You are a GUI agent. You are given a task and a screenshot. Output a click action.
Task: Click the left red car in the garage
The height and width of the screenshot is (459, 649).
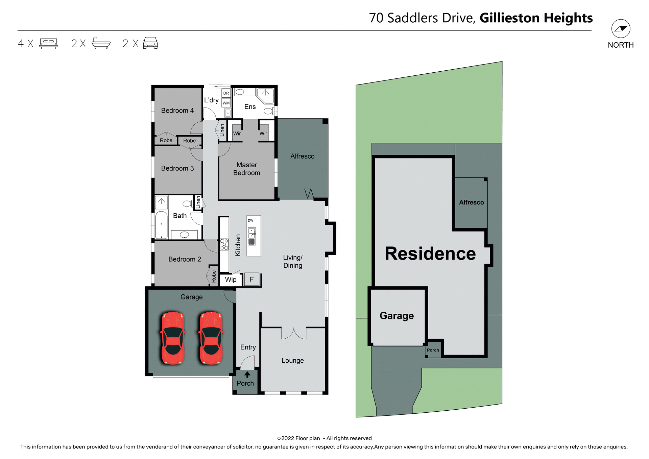[x=173, y=338]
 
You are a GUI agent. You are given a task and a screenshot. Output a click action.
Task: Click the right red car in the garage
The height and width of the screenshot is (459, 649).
[x=211, y=338]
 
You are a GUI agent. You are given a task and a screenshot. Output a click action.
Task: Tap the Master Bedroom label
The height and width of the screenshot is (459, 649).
[x=247, y=169]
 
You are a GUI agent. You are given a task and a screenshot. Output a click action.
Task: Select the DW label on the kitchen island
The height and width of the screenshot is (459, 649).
[x=250, y=221]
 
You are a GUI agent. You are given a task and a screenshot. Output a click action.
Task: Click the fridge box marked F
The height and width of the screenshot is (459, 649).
[x=251, y=280]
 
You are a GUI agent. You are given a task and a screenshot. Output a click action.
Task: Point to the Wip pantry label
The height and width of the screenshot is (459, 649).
[x=231, y=280]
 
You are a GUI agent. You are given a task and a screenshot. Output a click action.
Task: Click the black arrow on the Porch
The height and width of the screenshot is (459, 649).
[x=247, y=375]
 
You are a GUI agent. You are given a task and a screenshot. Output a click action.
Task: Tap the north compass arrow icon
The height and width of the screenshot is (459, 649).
[x=621, y=29]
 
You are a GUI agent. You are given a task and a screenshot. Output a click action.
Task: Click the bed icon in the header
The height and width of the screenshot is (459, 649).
[x=49, y=43]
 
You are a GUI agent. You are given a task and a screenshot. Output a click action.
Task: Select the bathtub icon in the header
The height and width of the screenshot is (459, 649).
[x=101, y=43]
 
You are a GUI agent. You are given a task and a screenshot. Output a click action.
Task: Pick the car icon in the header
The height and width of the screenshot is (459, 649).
[x=150, y=43]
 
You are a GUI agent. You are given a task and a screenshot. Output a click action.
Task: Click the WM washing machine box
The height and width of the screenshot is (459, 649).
[x=226, y=103]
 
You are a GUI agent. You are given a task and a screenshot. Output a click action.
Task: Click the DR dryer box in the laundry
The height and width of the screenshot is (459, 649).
[x=226, y=93]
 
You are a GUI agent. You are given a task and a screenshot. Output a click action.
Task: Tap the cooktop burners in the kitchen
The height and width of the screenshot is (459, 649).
[x=224, y=244]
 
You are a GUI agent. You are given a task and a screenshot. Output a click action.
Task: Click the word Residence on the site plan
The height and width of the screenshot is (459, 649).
[x=430, y=253]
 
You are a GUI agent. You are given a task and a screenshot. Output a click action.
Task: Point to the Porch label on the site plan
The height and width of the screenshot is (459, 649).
[x=433, y=350]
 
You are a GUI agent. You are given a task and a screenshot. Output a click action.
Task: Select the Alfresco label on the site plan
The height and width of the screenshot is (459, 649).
[x=471, y=202]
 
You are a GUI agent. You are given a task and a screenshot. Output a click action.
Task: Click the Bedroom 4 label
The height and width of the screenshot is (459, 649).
[x=177, y=111]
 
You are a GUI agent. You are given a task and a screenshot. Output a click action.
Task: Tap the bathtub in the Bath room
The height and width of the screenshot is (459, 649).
[x=162, y=225]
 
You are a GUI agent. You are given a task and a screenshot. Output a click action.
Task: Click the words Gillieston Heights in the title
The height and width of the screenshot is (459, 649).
[x=536, y=18]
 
